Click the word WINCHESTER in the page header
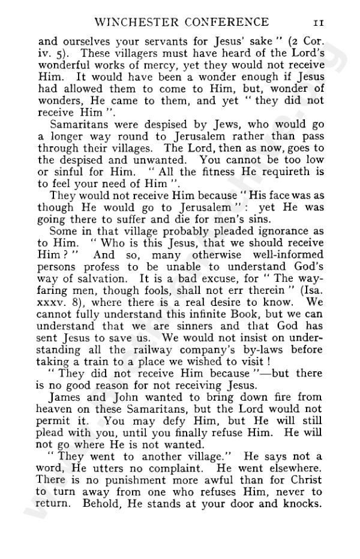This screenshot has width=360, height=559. click(x=135, y=23)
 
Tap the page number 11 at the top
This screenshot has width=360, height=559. click(x=318, y=23)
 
